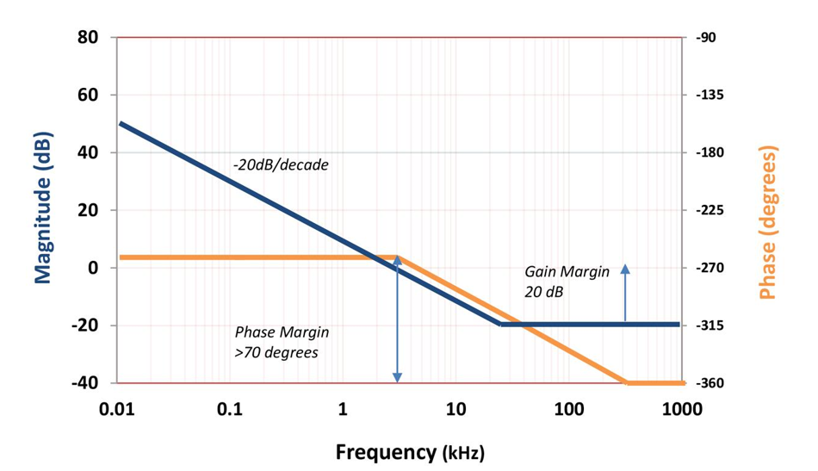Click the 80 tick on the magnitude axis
[88, 38]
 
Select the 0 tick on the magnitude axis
[91, 268]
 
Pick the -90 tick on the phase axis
[705, 38]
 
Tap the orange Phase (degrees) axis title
[767, 222]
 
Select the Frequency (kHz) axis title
[409, 451]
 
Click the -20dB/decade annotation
[280, 164]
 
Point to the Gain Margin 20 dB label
[567, 282]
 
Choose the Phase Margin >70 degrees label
[282, 341]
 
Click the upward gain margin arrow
[625, 293]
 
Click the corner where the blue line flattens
[501, 325]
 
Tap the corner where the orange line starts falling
[397, 257]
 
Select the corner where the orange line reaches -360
[627, 383]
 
